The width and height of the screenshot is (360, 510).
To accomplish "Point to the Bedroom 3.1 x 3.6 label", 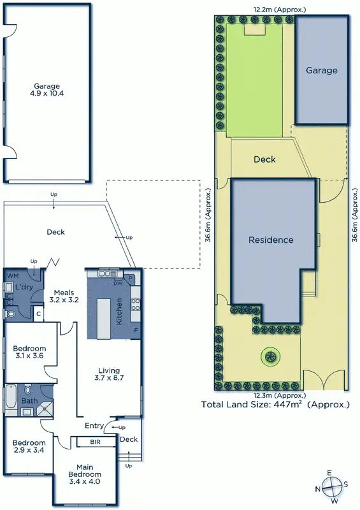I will [29, 352].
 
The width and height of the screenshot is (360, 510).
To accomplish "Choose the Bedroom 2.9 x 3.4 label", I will [29, 446].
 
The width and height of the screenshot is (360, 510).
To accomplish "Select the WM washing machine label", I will [12, 275].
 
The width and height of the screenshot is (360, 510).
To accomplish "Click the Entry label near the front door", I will [94, 426].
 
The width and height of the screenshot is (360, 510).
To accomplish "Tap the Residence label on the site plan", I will [271, 240].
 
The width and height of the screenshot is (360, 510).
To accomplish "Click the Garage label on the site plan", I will [321, 70].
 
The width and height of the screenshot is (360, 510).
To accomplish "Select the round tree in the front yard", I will [271, 356].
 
